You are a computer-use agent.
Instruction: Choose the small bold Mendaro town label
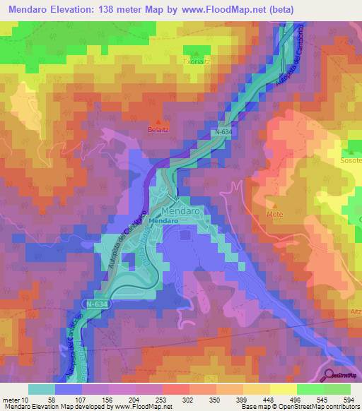coord(163,221)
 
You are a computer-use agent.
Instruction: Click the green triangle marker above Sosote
coord(351,151)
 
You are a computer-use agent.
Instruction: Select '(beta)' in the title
coord(278,9)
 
